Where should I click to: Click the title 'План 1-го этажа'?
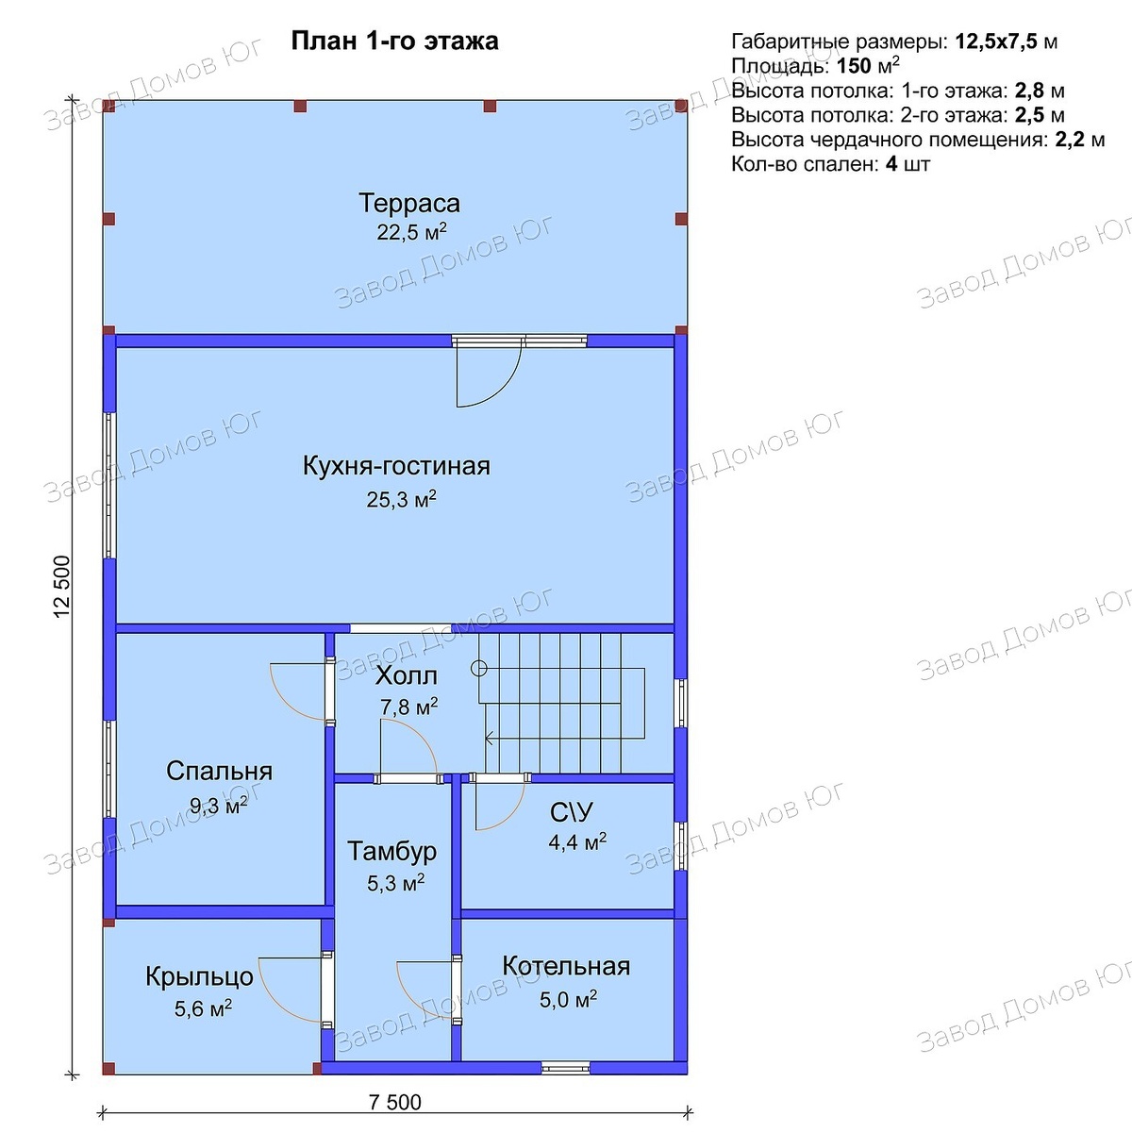pyautogui.click(x=394, y=42)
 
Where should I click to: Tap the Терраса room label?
pyautogui.click(x=409, y=203)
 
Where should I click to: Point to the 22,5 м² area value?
pyautogui.click(x=411, y=232)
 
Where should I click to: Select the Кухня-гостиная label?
pyautogui.click(x=396, y=466)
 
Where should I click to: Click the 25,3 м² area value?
pyautogui.click(x=401, y=499)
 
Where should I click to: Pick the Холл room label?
pyautogui.click(x=406, y=676)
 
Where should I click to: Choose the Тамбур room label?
pyautogui.click(x=391, y=851)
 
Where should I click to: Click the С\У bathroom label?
pyautogui.click(x=571, y=813)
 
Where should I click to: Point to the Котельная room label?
pyautogui.click(x=566, y=966)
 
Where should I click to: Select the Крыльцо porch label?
pyautogui.click(x=200, y=977)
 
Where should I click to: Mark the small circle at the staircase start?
pyautogui.click(x=479, y=668)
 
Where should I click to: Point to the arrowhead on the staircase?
pyautogui.click(x=489, y=740)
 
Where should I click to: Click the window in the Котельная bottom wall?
pyautogui.click(x=565, y=1067)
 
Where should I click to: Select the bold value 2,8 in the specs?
pyautogui.click(x=1027, y=92)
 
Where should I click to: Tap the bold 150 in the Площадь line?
pyautogui.click(x=854, y=66)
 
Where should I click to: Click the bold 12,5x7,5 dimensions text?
pyautogui.click(x=996, y=42)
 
